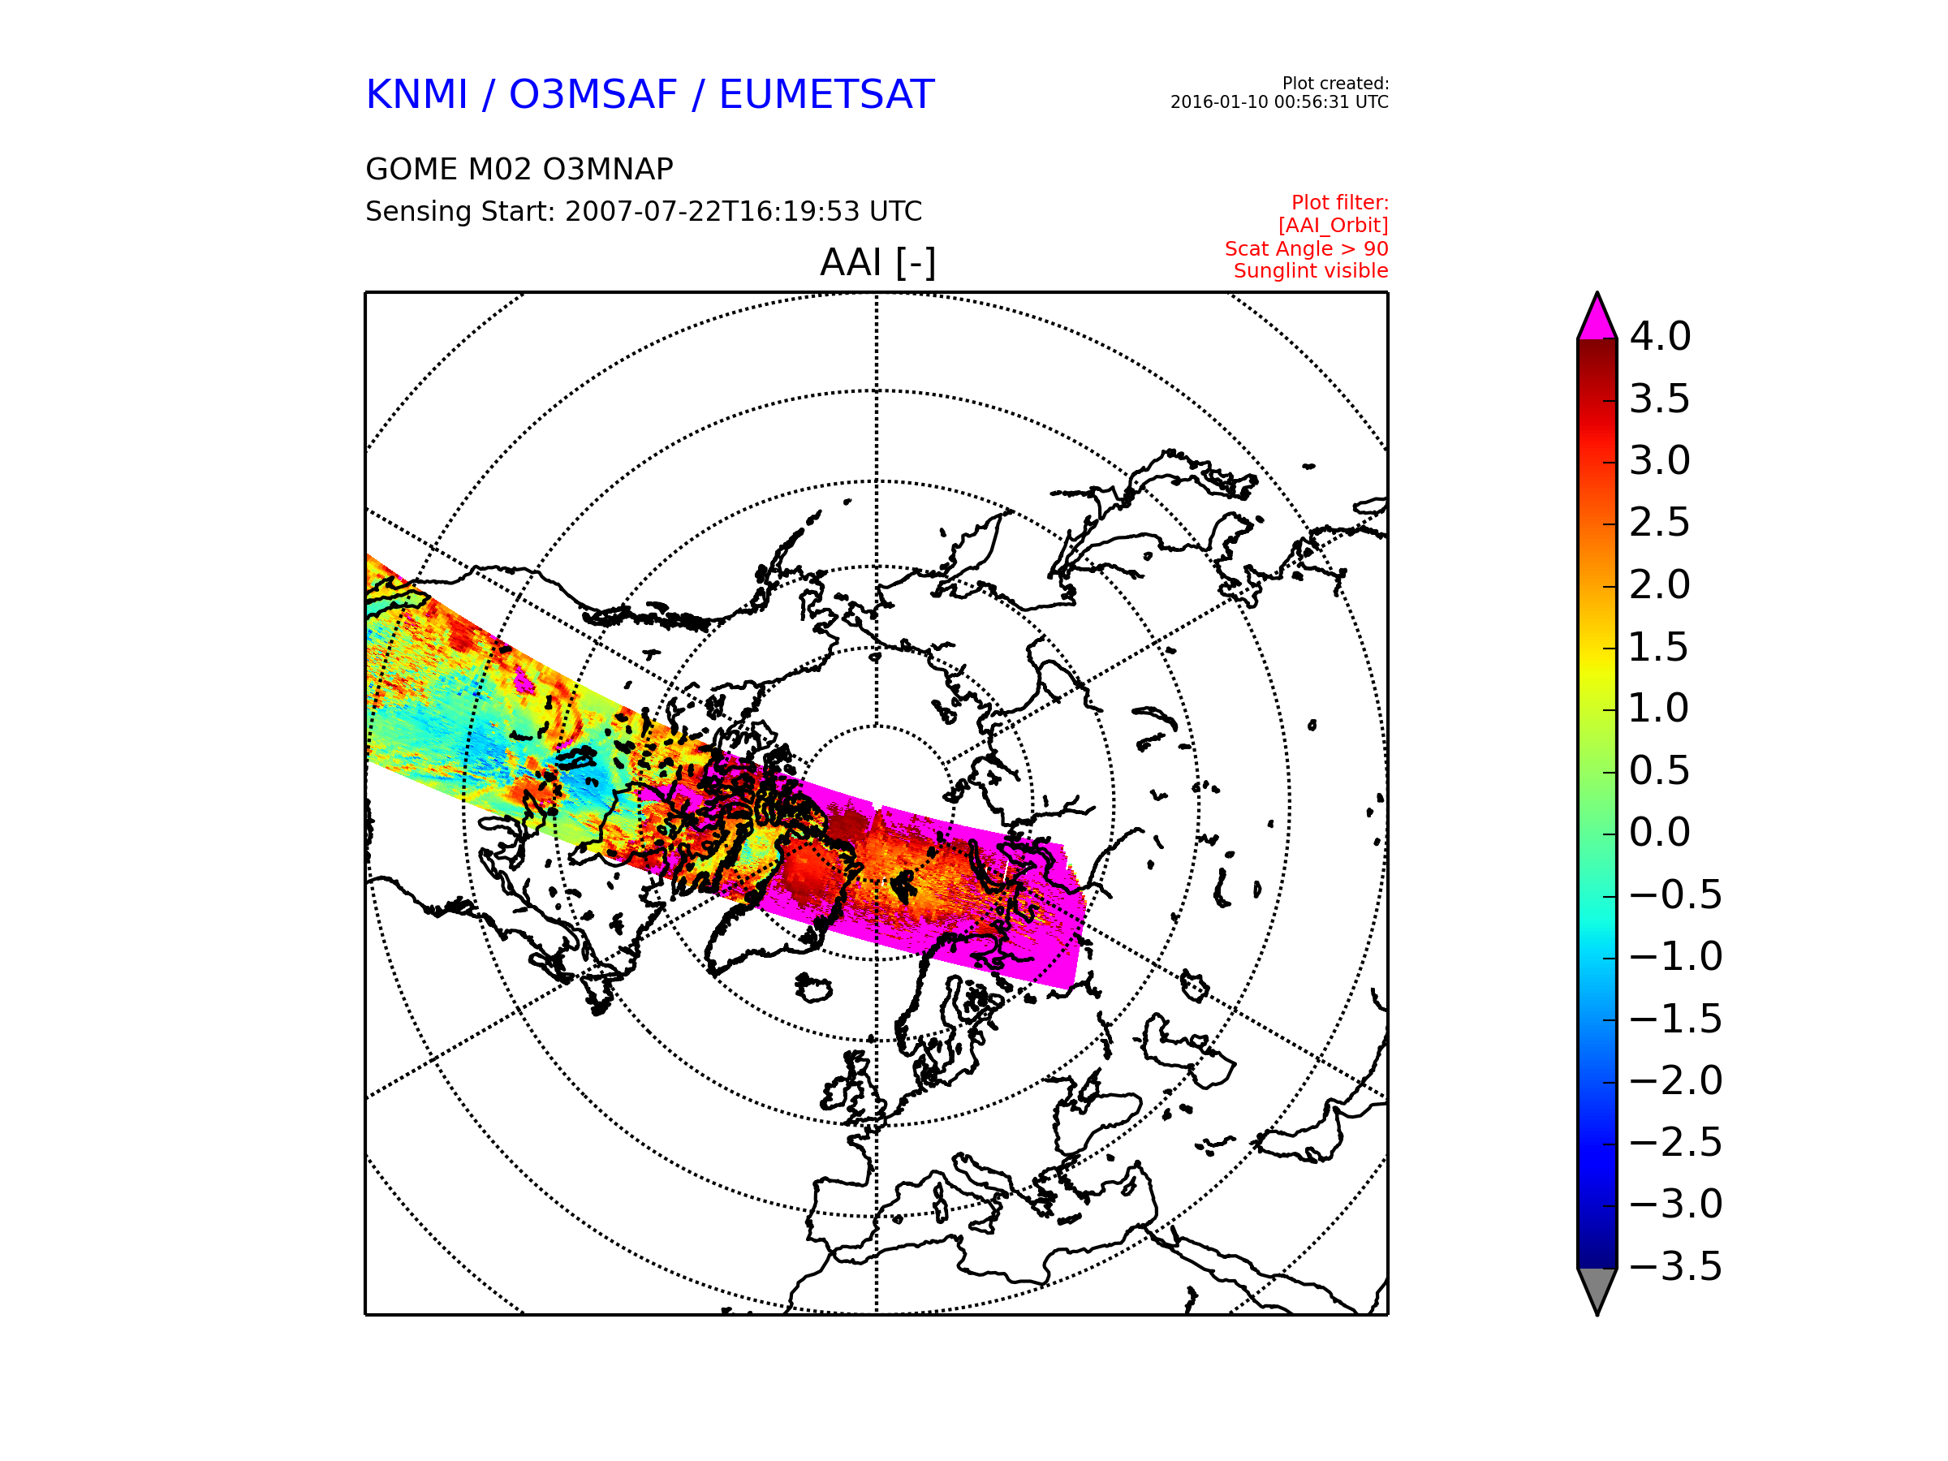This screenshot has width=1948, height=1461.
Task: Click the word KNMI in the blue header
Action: (x=416, y=95)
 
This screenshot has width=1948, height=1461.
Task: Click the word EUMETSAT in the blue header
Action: (x=826, y=95)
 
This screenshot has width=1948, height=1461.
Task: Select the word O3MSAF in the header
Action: (x=593, y=95)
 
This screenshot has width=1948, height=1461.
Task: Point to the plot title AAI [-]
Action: (x=878, y=262)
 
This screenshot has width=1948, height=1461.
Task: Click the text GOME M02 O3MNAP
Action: (x=519, y=169)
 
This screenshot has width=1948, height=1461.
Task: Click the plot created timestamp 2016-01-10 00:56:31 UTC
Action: (x=1278, y=102)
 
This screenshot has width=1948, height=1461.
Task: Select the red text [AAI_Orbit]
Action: (x=1333, y=226)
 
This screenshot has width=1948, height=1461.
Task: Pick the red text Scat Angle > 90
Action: (x=1306, y=248)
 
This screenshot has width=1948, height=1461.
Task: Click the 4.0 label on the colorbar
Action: (x=1659, y=336)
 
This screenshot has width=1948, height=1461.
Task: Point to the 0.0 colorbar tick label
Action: (x=1659, y=832)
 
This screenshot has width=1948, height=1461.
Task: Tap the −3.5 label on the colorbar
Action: (x=1675, y=1266)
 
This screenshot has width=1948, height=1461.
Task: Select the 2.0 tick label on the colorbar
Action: (x=1659, y=584)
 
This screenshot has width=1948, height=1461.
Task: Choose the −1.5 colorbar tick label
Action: (x=1675, y=1019)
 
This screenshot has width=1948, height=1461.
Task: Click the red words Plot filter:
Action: (x=1339, y=203)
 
